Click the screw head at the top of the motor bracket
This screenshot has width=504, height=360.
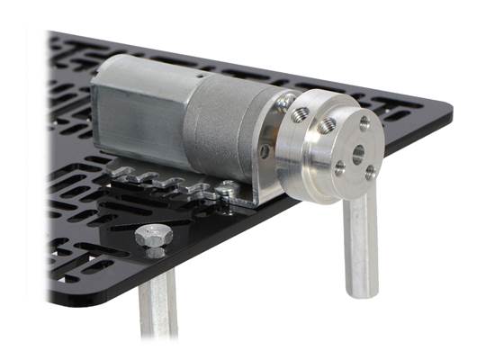point(285,102)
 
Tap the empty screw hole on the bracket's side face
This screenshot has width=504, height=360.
point(265,151)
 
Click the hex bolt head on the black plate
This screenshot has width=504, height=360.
point(148,237)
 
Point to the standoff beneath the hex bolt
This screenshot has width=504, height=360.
point(157,306)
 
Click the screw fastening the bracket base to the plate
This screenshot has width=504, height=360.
point(230,187)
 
